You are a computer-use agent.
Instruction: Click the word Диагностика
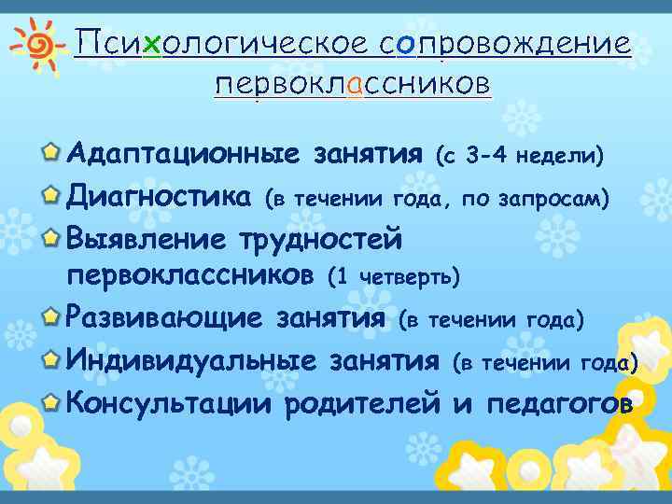tap(159, 196)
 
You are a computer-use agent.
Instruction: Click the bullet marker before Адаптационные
tap(53, 152)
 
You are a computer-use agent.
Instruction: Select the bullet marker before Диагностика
tap(53, 194)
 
